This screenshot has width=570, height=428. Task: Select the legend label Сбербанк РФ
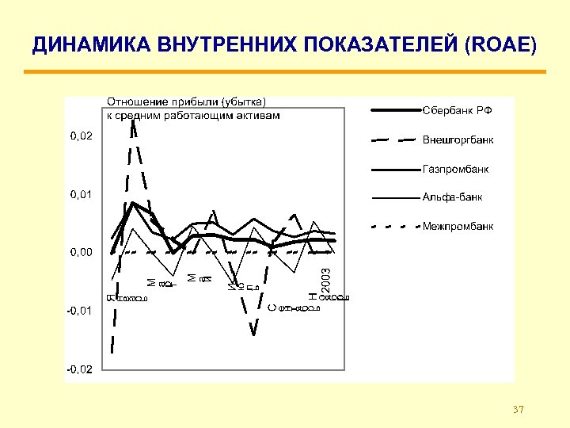coord(457,110)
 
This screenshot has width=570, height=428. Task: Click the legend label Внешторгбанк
coord(458,140)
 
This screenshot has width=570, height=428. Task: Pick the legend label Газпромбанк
coord(455,169)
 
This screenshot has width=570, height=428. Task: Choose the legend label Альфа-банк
coord(452,197)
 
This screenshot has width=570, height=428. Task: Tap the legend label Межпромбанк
coord(458,226)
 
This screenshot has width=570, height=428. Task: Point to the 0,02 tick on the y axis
coord(81,136)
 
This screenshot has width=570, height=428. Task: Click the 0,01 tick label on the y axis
coord(81,194)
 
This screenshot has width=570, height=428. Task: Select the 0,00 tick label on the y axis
coord(81,252)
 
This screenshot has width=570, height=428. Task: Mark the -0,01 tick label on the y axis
coord(79,311)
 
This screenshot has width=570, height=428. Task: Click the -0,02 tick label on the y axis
coord(79,369)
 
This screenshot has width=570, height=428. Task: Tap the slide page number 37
coord(519,410)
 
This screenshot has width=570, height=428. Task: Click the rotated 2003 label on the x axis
coord(325,277)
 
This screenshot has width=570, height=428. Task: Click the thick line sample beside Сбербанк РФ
coord(394,110)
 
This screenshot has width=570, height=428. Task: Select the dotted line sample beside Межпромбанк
coord(394,226)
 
